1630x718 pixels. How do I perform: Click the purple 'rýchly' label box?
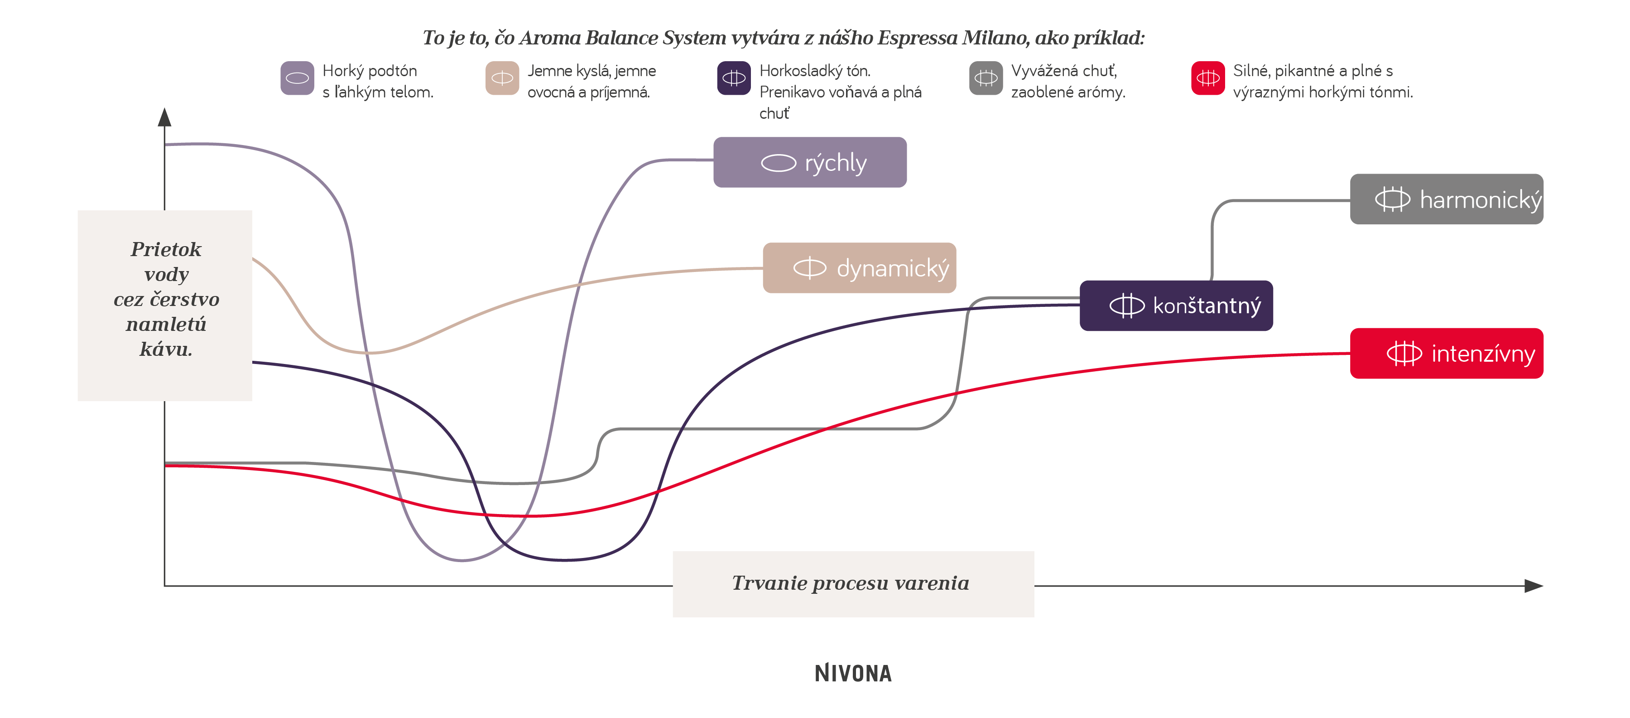tap(810, 162)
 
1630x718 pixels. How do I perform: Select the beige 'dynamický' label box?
tap(859, 268)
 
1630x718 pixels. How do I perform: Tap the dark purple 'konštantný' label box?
tap(1176, 306)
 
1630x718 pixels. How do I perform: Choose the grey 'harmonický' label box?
tap(1447, 199)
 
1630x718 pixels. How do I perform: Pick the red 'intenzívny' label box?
tap(1447, 353)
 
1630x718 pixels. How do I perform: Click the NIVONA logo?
tap(853, 673)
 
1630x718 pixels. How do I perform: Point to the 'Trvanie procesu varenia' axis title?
tap(851, 582)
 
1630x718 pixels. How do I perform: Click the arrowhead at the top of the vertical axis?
tap(164, 117)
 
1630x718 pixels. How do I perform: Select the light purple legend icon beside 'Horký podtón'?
tap(298, 78)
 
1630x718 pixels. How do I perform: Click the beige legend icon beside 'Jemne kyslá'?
tap(502, 78)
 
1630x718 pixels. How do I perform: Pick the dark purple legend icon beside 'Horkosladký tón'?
tap(734, 78)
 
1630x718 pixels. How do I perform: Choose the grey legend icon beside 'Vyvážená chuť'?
tap(986, 78)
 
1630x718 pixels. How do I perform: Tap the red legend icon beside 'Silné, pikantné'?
tap(1208, 78)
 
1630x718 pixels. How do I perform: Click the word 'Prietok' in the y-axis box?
tap(166, 249)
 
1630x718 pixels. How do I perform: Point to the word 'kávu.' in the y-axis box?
tap(166, 349)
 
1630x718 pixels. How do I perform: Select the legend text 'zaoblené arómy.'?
tap(1068, 92)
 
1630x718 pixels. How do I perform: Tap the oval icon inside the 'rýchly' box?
tap(778, 163)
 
